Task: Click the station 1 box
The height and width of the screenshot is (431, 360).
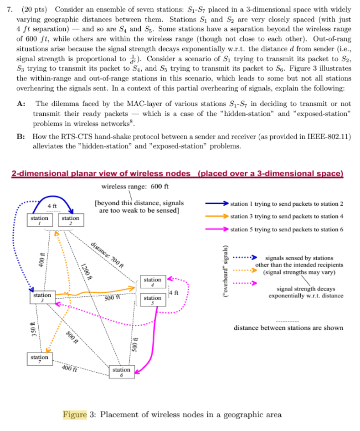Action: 40,221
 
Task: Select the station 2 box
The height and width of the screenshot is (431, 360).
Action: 70,221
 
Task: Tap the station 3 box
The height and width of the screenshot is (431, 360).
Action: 42,298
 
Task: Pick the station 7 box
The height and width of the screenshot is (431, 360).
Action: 39,359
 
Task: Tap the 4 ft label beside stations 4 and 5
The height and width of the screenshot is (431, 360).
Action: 173,292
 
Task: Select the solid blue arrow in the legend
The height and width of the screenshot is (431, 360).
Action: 216,203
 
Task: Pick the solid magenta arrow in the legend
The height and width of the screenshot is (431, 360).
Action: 216,229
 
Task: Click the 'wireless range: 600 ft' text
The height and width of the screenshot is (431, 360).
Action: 135,187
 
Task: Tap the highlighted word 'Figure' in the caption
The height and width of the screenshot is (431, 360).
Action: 75,415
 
